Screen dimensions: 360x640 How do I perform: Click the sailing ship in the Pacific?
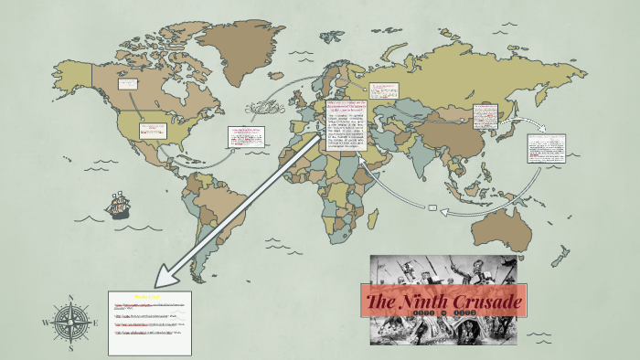tap(118, 205)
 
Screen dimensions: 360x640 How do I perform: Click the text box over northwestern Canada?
tap(127, 84)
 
